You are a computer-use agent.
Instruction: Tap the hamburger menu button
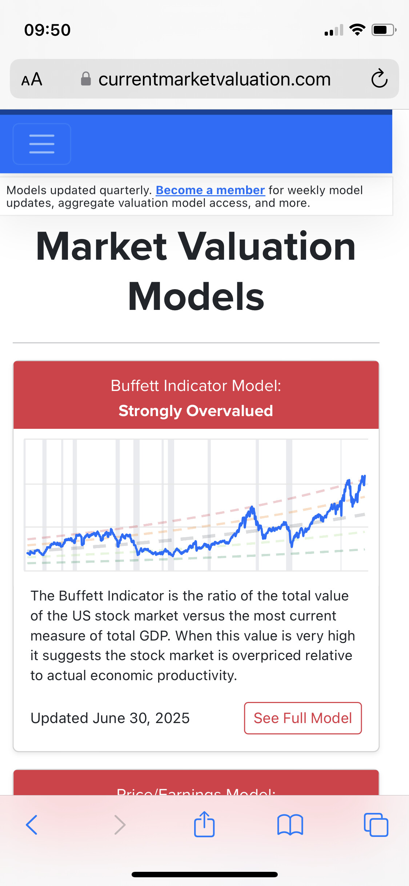(42, 144)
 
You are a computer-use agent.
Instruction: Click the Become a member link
(210, 190)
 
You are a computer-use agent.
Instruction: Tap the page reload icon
(379, 79)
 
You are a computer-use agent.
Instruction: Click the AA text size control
(32, 79)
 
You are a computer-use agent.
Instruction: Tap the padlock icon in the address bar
(86, 79)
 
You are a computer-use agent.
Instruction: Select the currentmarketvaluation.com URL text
(214, 79)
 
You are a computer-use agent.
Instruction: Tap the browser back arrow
(32, 825)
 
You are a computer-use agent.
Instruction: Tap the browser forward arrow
(120, 825)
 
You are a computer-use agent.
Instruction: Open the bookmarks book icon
(290, 825)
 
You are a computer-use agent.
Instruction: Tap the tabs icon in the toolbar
(376, 825)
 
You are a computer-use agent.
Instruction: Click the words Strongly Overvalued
(196, 411)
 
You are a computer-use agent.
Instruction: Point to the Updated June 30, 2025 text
(110, 718)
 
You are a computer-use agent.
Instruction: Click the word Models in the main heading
(196, 297)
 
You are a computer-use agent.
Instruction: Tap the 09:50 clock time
(47, 30)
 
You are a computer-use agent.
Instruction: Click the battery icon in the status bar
(383, 30)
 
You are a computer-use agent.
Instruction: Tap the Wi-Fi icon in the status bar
(357, 30)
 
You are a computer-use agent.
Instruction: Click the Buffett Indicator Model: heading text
(196, 386)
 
